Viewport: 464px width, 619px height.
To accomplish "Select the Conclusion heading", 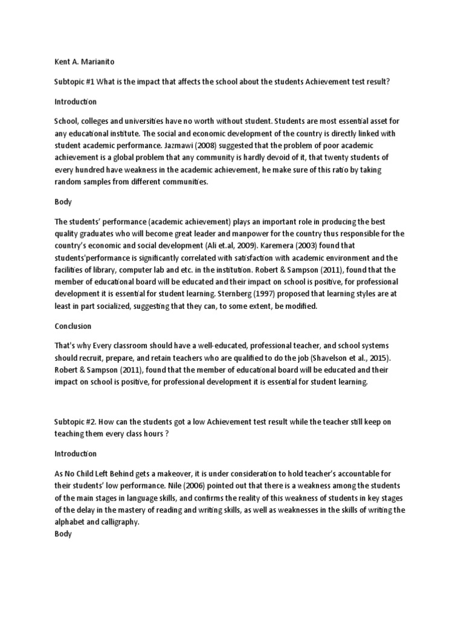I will (72, 326).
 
